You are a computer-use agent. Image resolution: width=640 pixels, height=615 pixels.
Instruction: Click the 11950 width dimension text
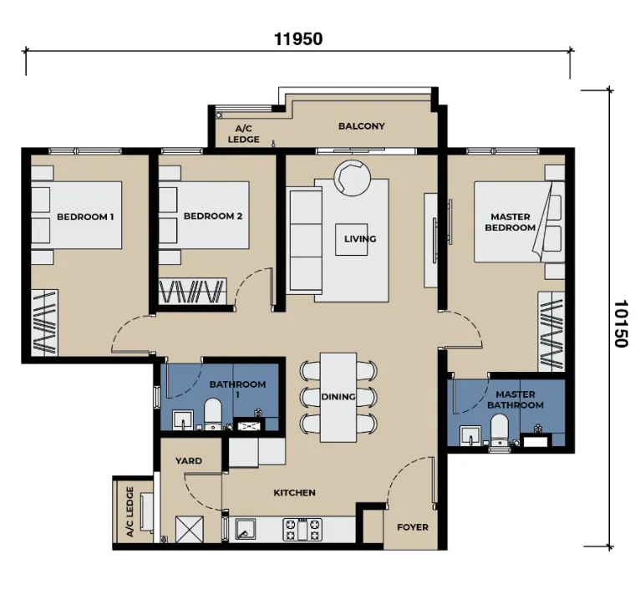(x=298, y=39)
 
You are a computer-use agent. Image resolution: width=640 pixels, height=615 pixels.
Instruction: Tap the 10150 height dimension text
(x=621, y=323)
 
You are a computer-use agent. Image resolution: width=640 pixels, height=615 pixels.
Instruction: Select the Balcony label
(x=362, y=126)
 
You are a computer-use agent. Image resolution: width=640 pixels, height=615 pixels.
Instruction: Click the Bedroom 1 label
(x=85, y=216)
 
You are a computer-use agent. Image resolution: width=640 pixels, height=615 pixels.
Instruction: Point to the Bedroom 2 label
(x=213, y=216)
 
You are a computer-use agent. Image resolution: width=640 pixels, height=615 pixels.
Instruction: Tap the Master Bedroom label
(x=510, y=222)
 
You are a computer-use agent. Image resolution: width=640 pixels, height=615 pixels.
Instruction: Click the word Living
(x=360, y=239)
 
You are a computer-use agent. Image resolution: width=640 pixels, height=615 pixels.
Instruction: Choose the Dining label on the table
(x=338, y=397)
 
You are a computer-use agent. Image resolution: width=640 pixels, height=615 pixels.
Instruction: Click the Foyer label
(x=413, y=527)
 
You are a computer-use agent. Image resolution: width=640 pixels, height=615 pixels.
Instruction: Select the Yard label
(x=189, y=460)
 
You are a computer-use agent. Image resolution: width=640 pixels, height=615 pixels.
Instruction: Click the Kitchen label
(x=294, y=493)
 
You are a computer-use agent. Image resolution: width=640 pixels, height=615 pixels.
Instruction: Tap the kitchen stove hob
(x=302, y=530)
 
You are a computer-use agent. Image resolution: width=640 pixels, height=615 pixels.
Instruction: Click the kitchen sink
(x=246, y=530)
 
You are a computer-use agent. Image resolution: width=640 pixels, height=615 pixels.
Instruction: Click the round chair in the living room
(x=353, y=178)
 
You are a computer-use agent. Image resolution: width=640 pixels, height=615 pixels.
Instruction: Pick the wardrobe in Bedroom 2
(x=192, y=292)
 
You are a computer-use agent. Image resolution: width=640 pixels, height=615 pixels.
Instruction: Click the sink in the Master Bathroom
(x=471, y=436)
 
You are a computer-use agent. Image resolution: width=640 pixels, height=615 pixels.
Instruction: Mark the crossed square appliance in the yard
(x=189, y=530)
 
